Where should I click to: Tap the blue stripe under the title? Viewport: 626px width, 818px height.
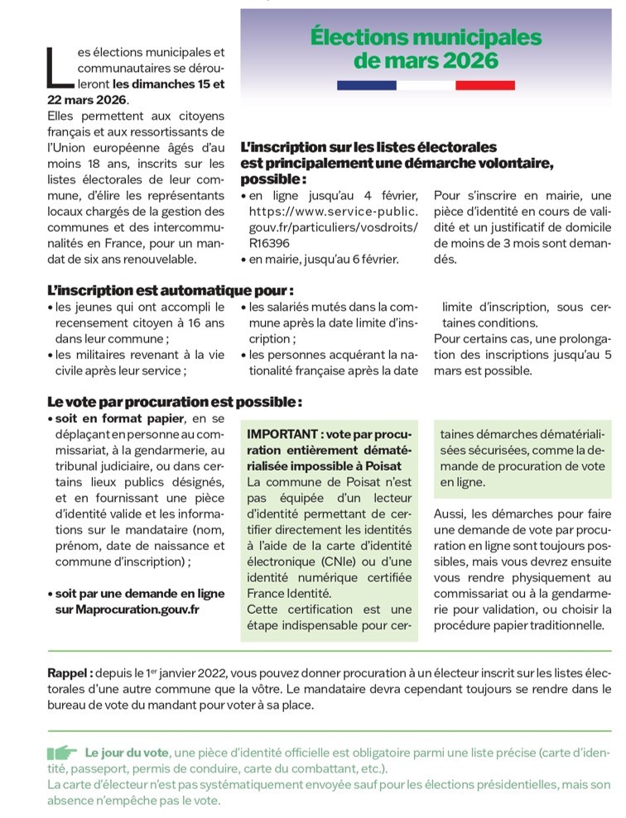[x=366, y=85]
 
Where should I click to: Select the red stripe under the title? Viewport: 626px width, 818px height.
[x=485, y=85]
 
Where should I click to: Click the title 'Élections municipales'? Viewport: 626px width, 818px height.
[x=426, y=38]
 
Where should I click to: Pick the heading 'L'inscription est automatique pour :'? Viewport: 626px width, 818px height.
[x=170, y=291]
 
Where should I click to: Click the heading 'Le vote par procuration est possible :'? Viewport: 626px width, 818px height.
[x=175, y=402]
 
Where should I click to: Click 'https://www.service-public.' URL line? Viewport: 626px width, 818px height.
[x=334, y=211]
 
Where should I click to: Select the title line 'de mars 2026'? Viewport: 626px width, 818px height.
[x=426, y=61]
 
